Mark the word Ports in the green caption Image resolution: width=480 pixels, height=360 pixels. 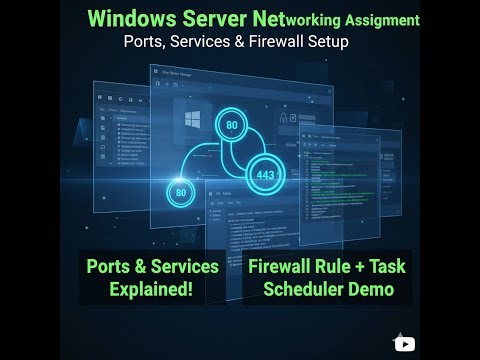(112, 269)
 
